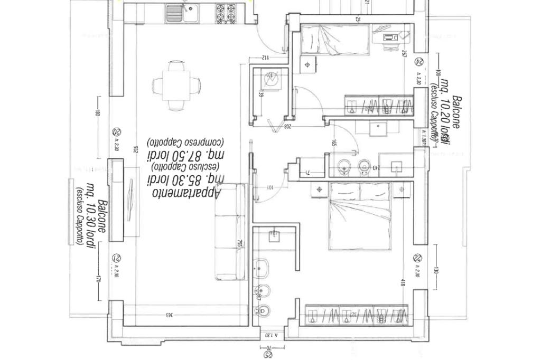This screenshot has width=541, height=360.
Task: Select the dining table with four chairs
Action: pos(176,85)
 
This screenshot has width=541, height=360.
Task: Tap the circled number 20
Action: pos(117,132)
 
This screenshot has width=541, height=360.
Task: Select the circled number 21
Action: pos(117,258)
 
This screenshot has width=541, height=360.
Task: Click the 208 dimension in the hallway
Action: pos(288,127)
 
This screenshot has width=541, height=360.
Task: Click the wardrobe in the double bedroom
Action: pos(357,316)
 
